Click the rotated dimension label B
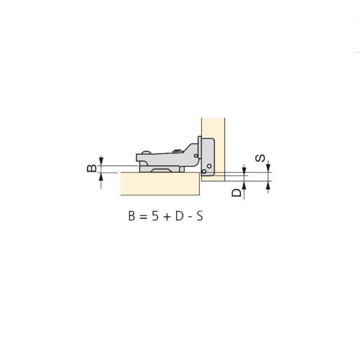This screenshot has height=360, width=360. (x=92, y=168)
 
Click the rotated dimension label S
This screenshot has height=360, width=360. (x=260, y=158)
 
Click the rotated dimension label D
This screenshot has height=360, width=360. (x=237, y=193)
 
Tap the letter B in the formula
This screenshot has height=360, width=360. (x=131, y=216)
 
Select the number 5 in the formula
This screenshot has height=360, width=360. (x=155, y=216)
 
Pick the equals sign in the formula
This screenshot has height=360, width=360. (x=143, y=216)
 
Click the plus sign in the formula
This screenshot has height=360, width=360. (x=167, y=216)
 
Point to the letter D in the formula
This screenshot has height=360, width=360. (x=179, y=216)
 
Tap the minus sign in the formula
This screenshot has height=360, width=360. (x=190, y=217)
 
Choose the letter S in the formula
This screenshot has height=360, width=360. (x=199, y=216)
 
